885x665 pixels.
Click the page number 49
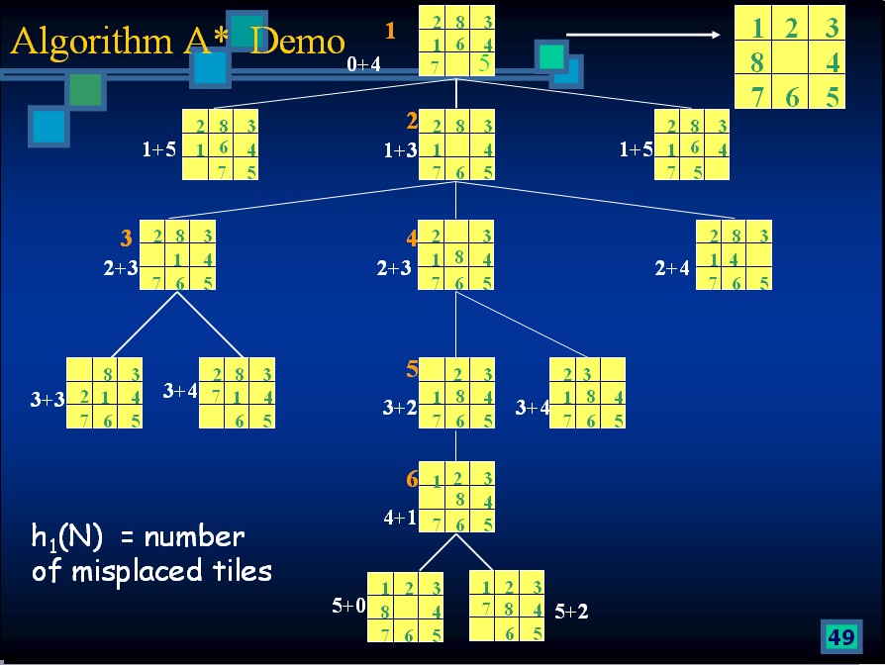click(x=840, y=637)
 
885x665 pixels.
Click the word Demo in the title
click(x=298, y=41)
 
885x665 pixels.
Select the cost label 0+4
click(x=363, y=64)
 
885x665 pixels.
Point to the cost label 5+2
click(x=571, y=612)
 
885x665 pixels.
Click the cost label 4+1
click(x=400, y=517)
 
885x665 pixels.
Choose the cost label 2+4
click(x=672, y=268)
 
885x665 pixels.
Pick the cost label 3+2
click(x=400, y=408)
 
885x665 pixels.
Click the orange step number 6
click(x=412, y=480)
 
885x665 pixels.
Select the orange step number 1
click(x=390, y=31)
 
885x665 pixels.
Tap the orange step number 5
click(x=412, y=370)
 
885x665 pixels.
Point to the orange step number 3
click(x=126, y=238)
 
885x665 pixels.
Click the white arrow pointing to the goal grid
click(x=643, y=36)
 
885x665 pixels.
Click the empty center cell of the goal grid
click(x=790, y=62)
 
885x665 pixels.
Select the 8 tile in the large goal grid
click(x=756, y=62)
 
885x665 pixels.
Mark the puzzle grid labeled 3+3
click(x=104, y=393)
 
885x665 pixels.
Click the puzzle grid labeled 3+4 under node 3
click(x=237, y=393)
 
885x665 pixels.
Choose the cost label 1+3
click(x=401, y=151)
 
